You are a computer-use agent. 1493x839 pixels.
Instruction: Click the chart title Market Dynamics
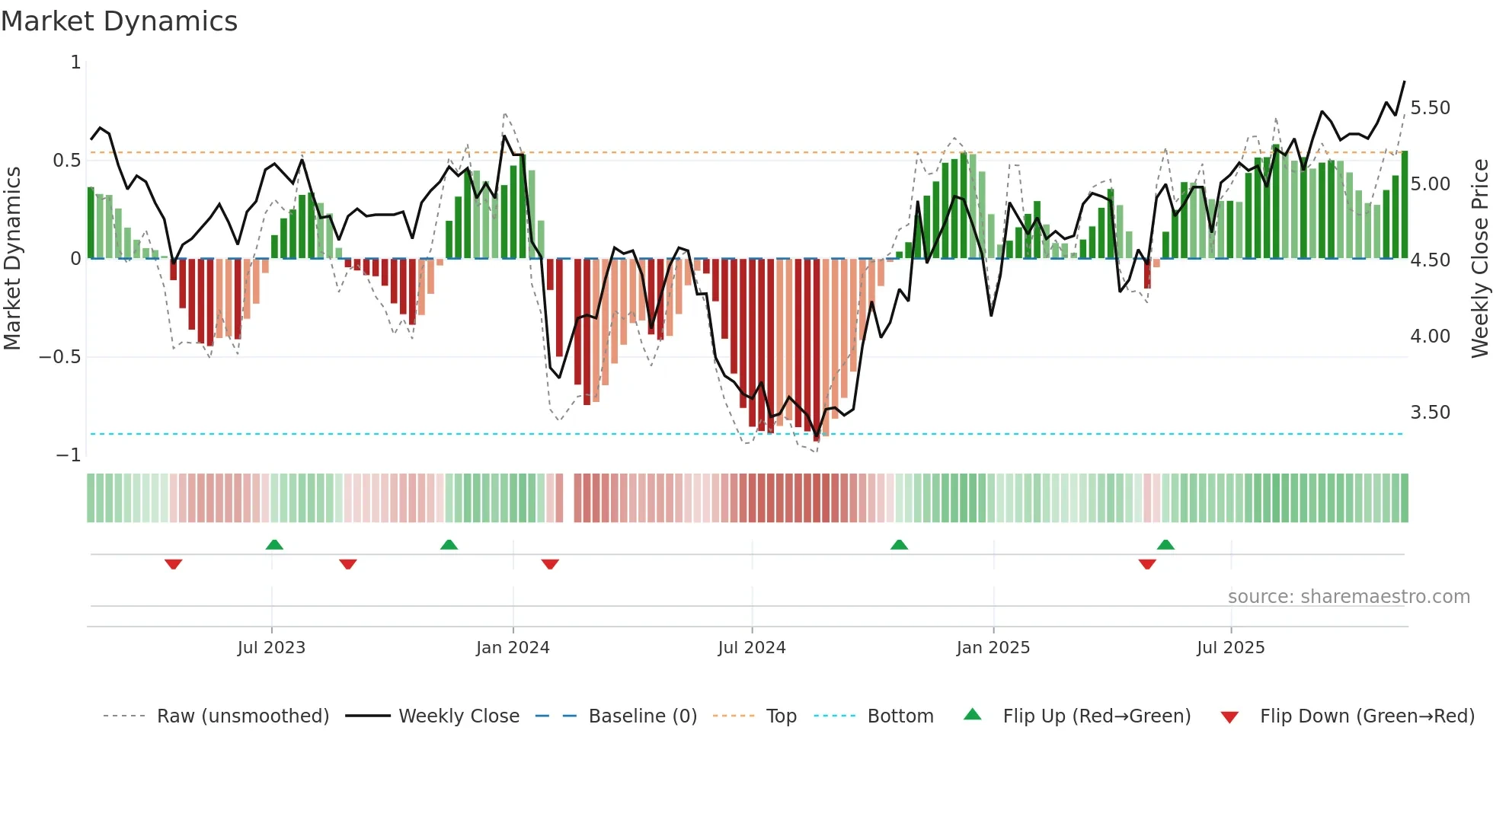click(x=119, y=21)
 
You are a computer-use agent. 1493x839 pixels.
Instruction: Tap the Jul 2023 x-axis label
click(x=271, y=648)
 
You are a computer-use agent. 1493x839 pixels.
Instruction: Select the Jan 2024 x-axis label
click(x=513, y=648)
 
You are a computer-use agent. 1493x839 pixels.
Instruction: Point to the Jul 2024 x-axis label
click(x=752, y=648)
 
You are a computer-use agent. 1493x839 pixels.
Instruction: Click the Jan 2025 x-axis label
click(x=993, y=648)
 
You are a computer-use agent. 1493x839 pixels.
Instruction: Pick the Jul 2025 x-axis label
click(x=1231, y=648)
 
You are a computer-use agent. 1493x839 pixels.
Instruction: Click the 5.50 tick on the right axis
click(x=1431, y=108)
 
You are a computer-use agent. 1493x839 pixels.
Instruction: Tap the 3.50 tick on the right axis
click(x=1431, y=413)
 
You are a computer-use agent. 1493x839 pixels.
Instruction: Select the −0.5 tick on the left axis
click(x=59, y=357)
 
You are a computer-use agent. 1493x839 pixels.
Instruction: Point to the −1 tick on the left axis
click(x=68, y=455)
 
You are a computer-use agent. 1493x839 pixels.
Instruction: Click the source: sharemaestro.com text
click(x=1349, y=597)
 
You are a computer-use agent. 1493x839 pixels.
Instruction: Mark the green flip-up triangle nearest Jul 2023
click(x=274, y=544)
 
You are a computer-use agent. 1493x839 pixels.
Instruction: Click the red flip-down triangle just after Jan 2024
click(x=550, y=564)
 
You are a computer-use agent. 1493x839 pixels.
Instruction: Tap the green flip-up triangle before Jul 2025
click(x=1165, y=544)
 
